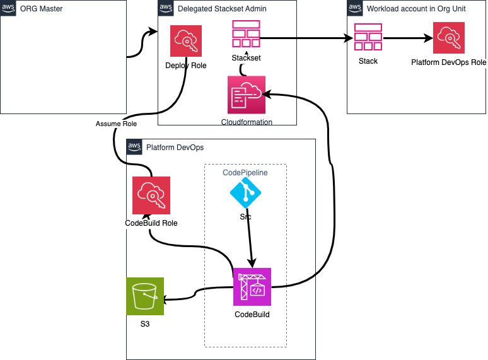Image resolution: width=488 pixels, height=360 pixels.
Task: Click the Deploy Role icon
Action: click(x=186, y=41)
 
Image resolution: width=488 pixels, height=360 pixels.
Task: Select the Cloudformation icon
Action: click(x=247, y=95)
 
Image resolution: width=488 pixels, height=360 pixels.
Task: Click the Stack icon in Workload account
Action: click(x=368, y=37)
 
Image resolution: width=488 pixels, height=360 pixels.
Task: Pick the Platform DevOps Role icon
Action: click(x=448, y=38)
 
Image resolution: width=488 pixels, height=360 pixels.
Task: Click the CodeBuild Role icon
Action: click(x=151, y=195)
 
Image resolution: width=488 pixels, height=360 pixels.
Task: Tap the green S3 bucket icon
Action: click(x=145, y=296)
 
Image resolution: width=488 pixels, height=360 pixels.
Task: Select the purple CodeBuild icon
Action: click(x=252, y=287)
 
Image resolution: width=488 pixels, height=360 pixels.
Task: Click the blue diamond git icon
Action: click(x=245, y=193)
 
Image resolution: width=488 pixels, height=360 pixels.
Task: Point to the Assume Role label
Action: click(x=116, y=124)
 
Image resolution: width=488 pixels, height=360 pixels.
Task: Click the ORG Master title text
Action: click(x=42, y=9)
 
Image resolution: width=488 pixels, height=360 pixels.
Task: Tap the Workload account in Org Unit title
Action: click(x=416, y=9)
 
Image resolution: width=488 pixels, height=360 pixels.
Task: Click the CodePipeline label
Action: click(x=245, y=172)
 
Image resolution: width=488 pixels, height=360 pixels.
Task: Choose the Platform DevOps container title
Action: click(x=175, y=148)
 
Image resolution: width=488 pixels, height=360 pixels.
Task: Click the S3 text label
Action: click(x=145, y=325)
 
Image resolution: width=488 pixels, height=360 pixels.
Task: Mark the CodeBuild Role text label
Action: click(x=151, y=223)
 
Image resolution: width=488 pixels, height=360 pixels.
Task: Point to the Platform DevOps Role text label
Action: click(x=448, y=62)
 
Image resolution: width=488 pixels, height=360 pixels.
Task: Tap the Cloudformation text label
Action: click(x=247, y=122)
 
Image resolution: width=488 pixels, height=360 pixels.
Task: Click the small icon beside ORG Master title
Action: click(x=9, y=9)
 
